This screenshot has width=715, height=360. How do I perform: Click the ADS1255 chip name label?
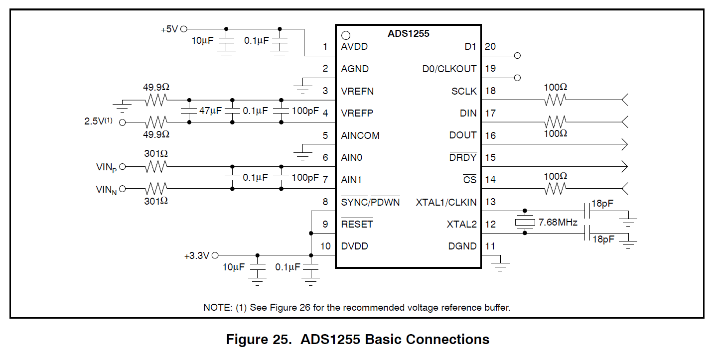click(x=408, y=34)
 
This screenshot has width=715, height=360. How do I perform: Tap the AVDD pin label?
click(x=354, y=47)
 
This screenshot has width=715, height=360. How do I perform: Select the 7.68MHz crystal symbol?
click(x=524, y=222)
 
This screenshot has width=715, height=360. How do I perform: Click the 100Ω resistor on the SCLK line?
click(x=555, y=101)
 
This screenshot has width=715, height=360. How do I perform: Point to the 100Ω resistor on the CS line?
click(x=555, y=189)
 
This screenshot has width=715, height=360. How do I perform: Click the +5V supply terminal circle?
click(x=183, y=29)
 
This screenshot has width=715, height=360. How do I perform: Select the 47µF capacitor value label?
click(x=210, y=111)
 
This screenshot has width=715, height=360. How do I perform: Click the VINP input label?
click(x=106, y=168)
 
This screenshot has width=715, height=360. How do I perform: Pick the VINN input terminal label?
click(x=106, y=190)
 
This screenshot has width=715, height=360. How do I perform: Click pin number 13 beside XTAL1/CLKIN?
click(x=490, y=202)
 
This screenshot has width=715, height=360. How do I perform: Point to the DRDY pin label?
click(x=463, y=158)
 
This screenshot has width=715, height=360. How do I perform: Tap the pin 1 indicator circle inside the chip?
click(x=346, y=35)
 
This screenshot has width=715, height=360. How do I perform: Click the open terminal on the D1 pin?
click(x=517, y=55)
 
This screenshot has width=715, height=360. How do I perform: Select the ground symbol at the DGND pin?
click(x=501, y=265)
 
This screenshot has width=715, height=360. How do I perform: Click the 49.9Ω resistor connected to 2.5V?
click(x=156, y=122)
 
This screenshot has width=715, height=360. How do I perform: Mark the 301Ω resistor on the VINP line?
click(x=156, y=167)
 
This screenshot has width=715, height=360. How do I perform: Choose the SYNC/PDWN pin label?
click(x=370, y=202)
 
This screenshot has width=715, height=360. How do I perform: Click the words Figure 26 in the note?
click(x=290, y=308)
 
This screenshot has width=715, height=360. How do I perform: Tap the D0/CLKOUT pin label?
click(x=449, y=69)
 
